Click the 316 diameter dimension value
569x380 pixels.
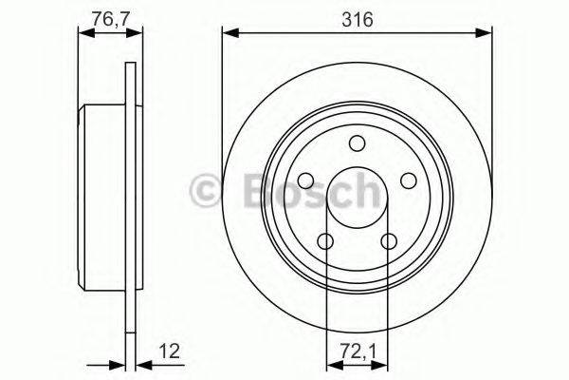coord(358,18)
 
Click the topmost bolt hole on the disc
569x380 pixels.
coord(357,143)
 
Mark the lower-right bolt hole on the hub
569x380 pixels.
coord(388,241)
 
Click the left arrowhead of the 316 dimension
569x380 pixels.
coord(229,36)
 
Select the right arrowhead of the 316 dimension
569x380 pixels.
coord(486,36)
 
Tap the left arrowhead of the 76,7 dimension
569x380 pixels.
coord(83,36)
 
